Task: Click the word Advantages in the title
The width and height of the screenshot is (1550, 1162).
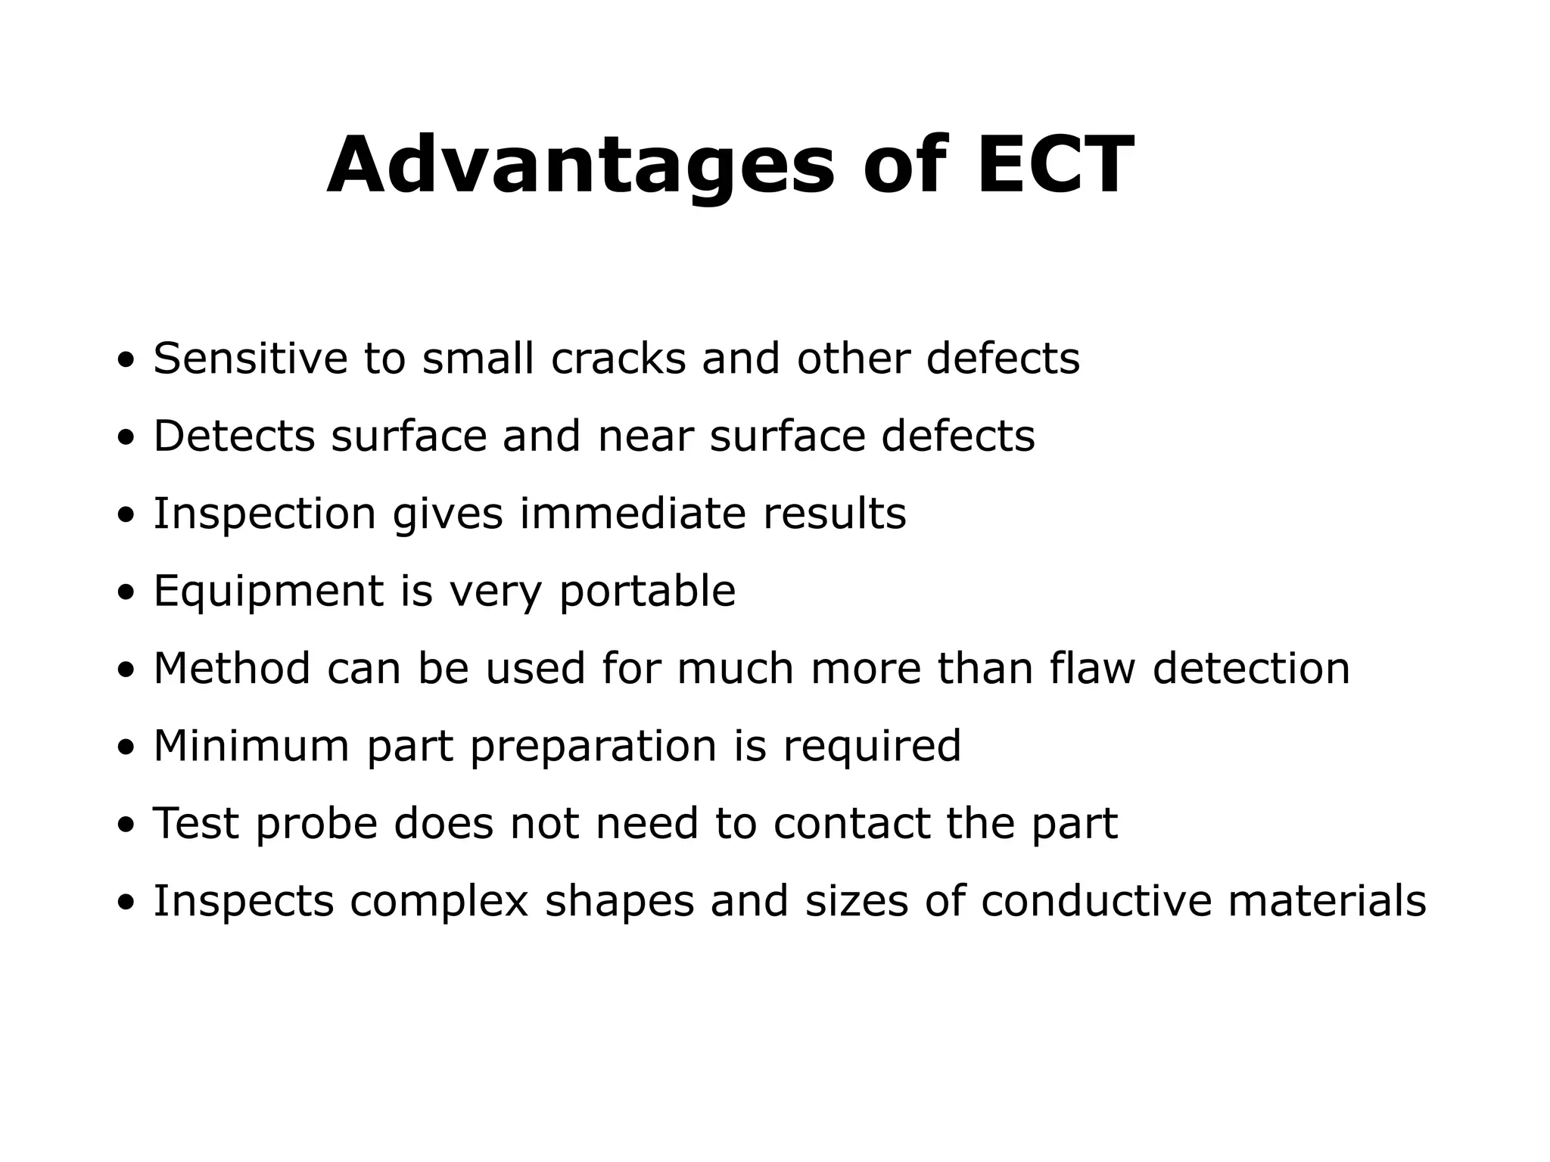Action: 580,166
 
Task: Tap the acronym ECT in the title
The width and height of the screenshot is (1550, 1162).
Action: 1055,166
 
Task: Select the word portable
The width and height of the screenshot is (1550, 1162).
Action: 647,592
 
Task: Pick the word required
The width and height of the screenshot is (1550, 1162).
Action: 871,747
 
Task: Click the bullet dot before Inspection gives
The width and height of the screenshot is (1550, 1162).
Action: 126,517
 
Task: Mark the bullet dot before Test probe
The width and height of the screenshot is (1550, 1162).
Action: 126,827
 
